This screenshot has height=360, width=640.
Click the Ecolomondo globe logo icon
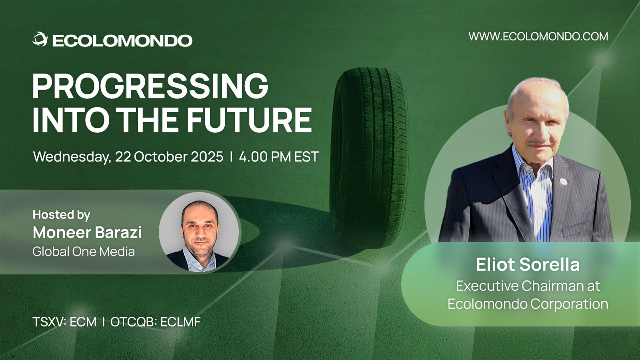click(x=40, y=39)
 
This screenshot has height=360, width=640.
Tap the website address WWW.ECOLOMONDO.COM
click(x=538, y=36)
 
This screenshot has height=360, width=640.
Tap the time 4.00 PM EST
click(x=279, y=157)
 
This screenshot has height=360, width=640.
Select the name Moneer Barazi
click(x=87, y=232)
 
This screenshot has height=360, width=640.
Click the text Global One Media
click(x=84, y=251)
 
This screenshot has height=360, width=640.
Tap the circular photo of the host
click(x=199, y=232)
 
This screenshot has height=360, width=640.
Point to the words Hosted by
click(x=61, y=215)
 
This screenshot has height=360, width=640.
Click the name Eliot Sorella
click(x=528, y=265)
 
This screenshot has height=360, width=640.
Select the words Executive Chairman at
click(x=528, y=286)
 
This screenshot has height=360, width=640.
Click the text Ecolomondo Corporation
click(x=528, y=304)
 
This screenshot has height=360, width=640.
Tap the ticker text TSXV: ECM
click(x=65, y=322)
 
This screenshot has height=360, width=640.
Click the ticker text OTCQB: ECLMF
click(x=155, y=322)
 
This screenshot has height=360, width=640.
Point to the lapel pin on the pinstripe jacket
click(x=564, y=181)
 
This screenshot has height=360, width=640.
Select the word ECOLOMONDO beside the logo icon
click(x=122, y=41)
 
